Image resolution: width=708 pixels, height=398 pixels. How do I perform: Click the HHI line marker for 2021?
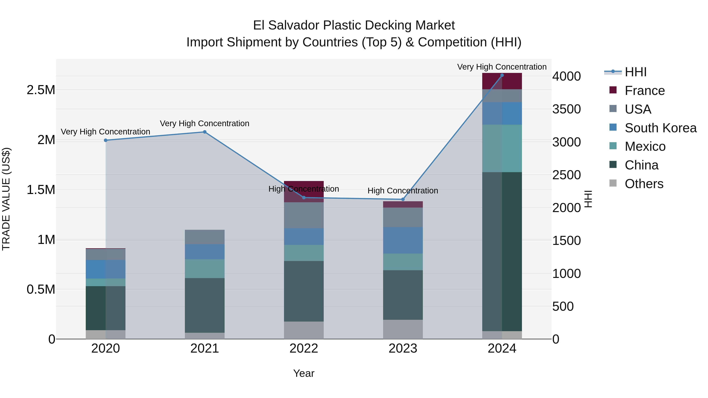205,132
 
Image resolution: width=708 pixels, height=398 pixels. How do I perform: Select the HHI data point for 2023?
403,199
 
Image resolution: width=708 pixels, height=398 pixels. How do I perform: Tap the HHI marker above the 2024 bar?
502,75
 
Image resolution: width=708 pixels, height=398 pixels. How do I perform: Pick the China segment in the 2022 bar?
304,291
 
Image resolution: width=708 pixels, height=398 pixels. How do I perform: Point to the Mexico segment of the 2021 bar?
205,269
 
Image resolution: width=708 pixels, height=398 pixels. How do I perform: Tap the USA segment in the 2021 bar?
205,237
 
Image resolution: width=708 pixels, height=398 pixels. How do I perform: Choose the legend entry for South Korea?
660,128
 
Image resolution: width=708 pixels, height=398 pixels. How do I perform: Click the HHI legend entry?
635,72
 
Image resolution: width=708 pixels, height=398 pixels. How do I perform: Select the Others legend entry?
644,184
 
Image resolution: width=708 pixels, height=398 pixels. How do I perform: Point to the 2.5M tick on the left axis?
41,90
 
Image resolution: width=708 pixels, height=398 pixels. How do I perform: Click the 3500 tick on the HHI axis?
566,109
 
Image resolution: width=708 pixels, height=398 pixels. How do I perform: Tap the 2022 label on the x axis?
304,348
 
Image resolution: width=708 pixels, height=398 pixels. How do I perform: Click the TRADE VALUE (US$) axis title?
6,199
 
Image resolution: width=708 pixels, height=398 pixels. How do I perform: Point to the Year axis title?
304,373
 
